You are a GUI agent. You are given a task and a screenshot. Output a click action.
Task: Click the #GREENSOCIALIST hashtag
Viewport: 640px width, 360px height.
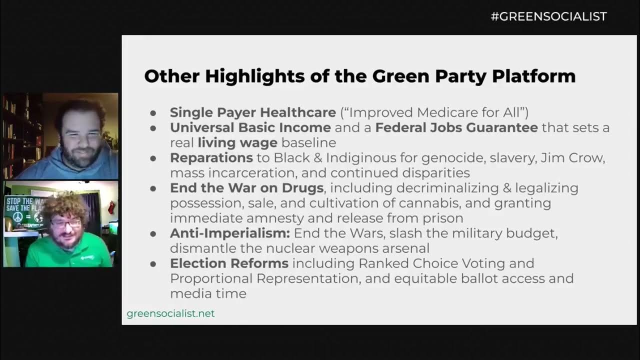(548, 16)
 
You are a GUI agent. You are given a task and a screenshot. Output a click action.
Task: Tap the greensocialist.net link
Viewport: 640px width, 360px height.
(170, 313)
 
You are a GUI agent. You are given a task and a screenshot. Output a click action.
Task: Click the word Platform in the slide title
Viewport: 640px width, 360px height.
(533, 76)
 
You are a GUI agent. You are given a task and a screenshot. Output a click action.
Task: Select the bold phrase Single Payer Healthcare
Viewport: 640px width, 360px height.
(252, 112)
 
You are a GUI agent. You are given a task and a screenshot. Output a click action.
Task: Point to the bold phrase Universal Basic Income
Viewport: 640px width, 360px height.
(250, 127)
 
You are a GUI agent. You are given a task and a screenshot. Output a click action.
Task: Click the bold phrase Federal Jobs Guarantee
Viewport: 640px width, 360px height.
(456, 127)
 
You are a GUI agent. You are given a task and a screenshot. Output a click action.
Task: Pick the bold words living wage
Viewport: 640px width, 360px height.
(237, 142)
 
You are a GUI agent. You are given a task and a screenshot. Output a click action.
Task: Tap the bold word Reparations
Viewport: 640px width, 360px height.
(211, 158)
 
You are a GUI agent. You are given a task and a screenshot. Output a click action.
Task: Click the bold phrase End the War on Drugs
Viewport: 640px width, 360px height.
(246, 188)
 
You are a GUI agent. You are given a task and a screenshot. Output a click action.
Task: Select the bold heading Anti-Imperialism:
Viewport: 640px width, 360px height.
(229, 233)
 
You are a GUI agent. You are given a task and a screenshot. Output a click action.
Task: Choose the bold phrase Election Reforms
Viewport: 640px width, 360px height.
(229, 263)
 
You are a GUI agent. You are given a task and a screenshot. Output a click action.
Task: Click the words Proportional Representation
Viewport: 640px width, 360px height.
(265, 278)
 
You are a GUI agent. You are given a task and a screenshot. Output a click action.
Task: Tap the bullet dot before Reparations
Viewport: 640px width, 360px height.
(154, 158)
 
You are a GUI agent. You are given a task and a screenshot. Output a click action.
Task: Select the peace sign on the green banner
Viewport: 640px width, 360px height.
(17, 217)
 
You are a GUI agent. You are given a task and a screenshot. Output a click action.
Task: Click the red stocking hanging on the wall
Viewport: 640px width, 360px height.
(111, 207)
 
